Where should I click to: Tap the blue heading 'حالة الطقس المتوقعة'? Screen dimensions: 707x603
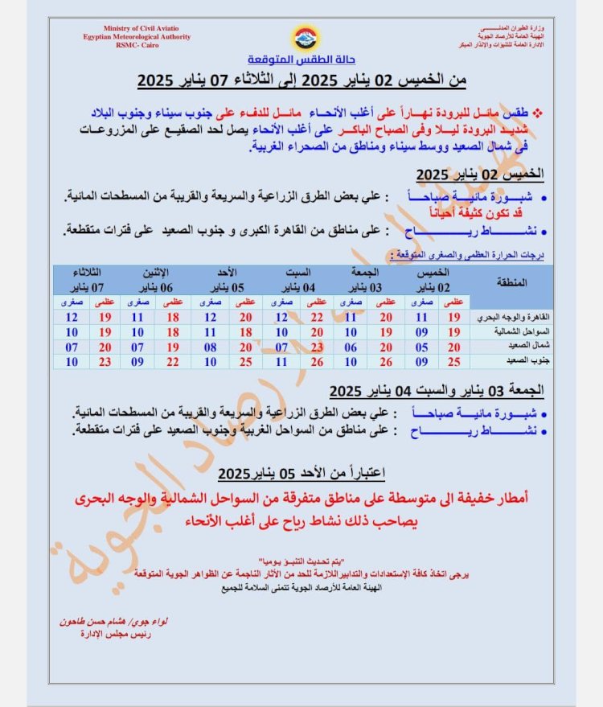(x=302, y=62)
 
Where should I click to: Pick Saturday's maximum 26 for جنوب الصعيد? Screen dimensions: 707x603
(x=317, y=362)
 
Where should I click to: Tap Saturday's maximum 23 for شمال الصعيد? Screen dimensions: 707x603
(x=317, y=347)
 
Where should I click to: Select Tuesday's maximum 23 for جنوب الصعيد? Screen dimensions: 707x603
(x=105, y=362)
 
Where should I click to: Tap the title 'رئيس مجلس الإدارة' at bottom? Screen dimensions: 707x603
(x=105, y=634)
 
